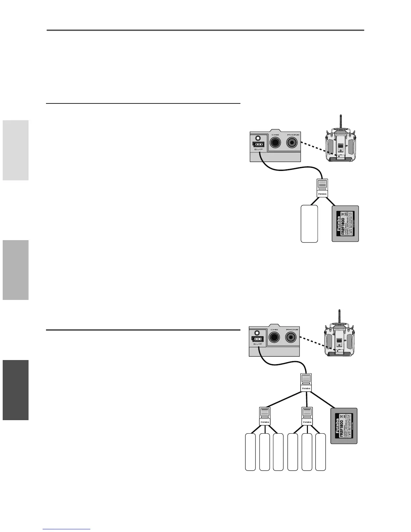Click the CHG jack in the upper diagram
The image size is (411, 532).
click(275, 143)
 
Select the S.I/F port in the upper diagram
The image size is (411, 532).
click(258, 144)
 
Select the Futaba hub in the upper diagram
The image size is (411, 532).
click(322, 188)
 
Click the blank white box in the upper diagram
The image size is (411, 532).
click(309, 224)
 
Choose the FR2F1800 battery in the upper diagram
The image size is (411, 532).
click(345, 224)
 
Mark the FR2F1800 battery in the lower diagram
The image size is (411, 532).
click(344, 426)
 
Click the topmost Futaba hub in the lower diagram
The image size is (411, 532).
click(306, 382)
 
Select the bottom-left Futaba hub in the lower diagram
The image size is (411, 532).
click(265, 415)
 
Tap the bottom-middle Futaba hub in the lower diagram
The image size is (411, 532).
click(307, 415)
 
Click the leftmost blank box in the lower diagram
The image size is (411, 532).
click(250, 452)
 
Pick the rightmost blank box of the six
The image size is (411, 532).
click(321, 452)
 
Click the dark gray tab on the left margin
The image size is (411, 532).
click(15, 390)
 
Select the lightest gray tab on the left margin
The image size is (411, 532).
click(15, 150)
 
